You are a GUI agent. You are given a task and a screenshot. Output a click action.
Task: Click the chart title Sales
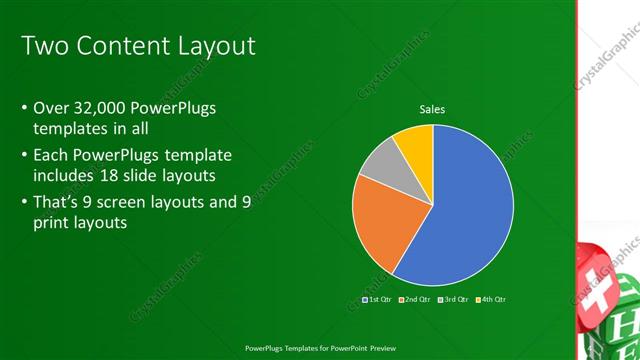tap(432, 109)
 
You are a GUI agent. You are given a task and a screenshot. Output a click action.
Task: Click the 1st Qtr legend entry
tap(377, 299)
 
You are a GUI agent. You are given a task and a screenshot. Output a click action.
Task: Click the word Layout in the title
tap(214, 46)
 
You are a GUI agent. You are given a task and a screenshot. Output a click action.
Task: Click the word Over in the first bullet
tap(51, 108)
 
